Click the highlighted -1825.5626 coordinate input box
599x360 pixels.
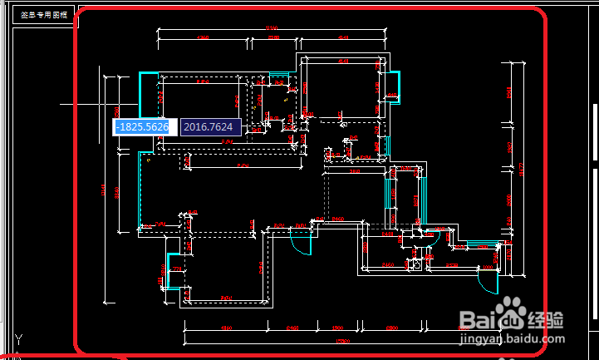[142, 127]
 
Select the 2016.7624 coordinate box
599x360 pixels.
[210, 127]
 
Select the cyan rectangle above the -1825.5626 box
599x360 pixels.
[148, 93]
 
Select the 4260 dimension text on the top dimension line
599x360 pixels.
[202, 38]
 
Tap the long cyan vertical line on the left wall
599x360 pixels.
[139, 191]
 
